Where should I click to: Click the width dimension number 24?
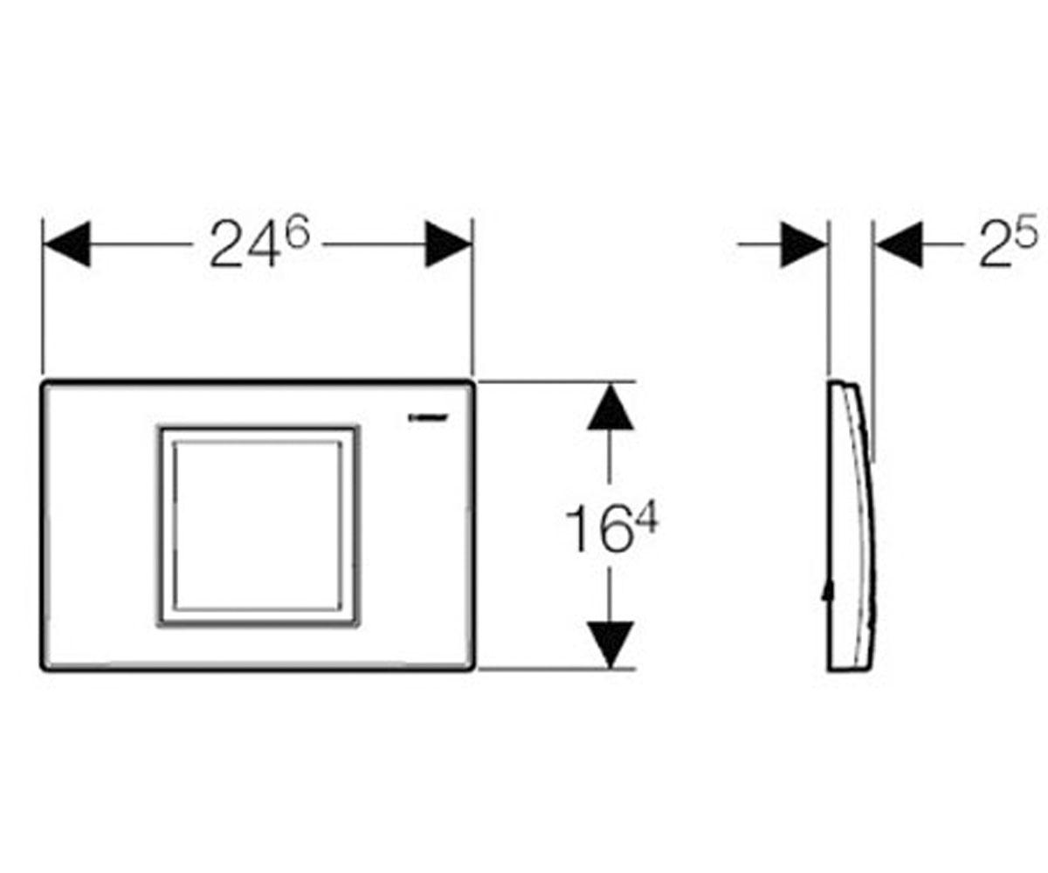coord(244,244)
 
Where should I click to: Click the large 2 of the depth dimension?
coord(996,244)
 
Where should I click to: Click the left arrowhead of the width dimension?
coord(67,244)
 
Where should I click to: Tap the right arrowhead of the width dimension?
coord(448,244)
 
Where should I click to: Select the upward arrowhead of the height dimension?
coord(610,407)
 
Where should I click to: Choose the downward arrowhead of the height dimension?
coord(610,645)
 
